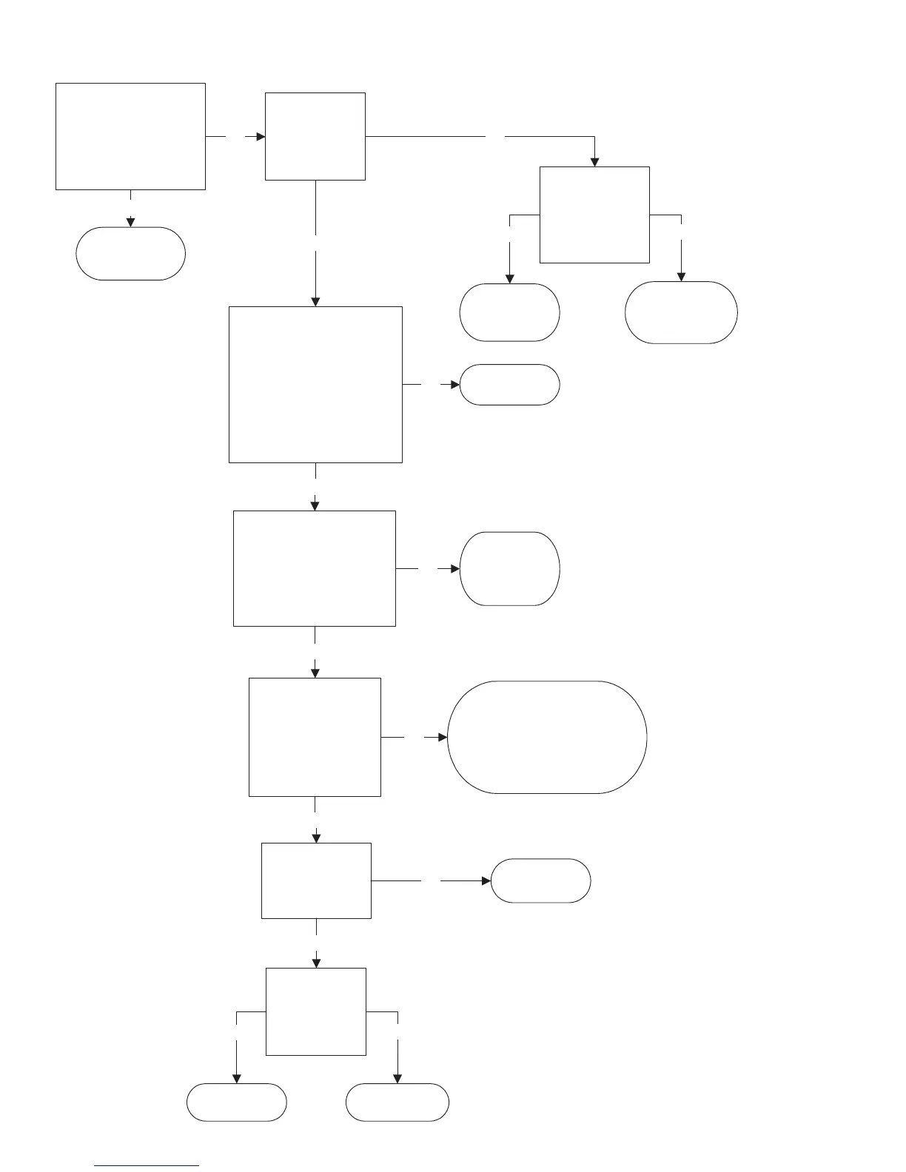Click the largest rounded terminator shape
547,737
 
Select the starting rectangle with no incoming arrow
130,136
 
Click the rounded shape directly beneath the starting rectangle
130,253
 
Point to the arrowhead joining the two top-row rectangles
261,137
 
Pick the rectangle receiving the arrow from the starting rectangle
315,136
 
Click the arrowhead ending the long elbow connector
594,162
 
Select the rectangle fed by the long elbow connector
594,215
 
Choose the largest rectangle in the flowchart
315,385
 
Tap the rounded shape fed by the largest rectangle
509,385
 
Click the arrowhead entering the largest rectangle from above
315,301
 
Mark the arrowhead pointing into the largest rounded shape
443,738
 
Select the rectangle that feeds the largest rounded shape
315,737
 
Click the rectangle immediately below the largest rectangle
315,568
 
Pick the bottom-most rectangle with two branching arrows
315,1011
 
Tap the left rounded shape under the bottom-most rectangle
236,1102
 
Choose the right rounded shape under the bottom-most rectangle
397,1102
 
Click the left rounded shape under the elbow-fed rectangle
509,312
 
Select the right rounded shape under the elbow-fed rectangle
681,312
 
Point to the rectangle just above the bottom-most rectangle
316,880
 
